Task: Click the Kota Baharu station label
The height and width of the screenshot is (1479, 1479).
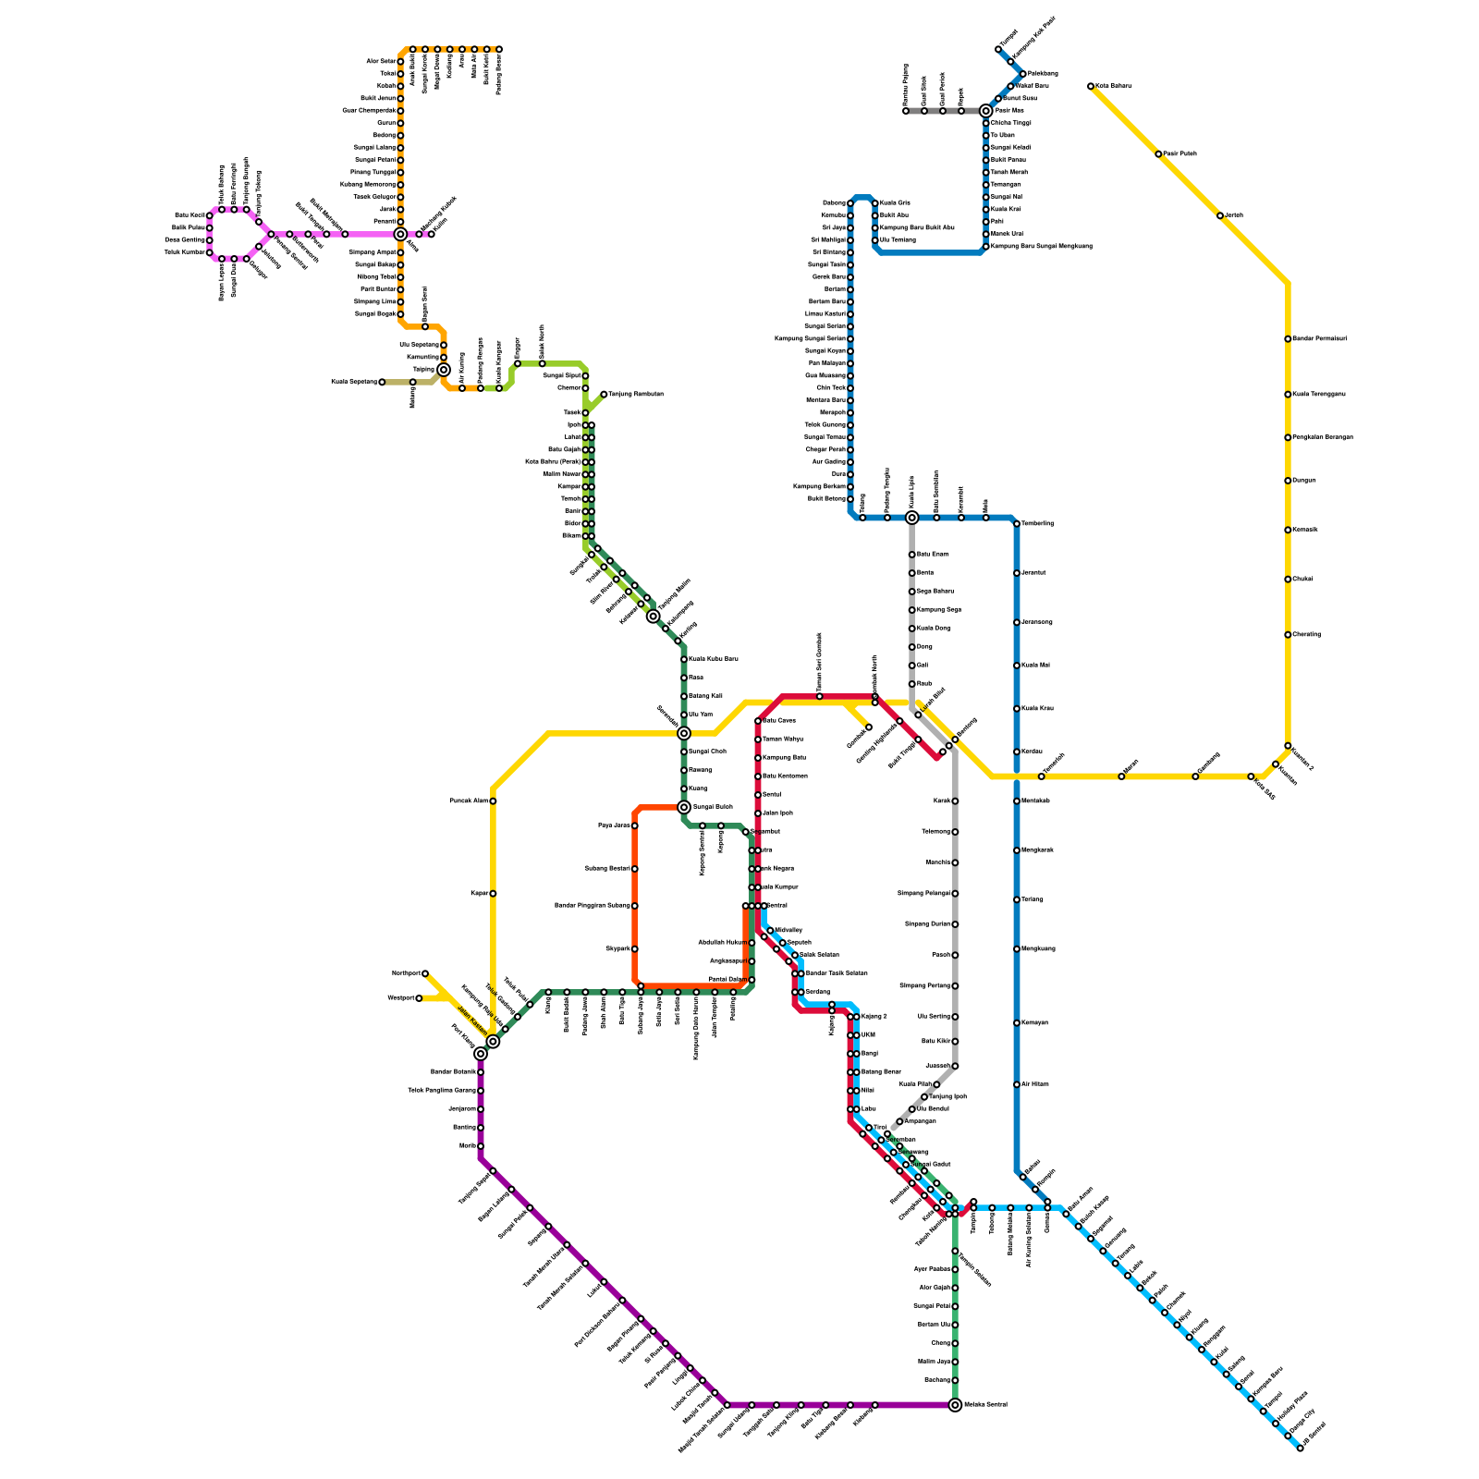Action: point(1113,86)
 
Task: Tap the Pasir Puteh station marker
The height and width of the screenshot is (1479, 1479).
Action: point(1158,153)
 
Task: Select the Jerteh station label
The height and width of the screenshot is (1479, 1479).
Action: point(1234,215)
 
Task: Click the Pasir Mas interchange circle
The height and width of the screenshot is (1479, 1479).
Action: point(986,111)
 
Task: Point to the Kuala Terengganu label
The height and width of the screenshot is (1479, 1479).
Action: point(1318,395)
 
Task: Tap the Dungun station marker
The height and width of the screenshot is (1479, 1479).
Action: point(1288,481)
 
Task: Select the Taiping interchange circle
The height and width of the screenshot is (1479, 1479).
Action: point(444,370)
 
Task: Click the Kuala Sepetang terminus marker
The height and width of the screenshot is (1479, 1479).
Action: point(382,382)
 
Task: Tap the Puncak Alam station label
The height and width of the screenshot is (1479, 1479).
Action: point(468,801)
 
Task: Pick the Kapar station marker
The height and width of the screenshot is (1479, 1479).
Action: point(493,894)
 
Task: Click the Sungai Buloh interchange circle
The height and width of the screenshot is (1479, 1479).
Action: point(684,807)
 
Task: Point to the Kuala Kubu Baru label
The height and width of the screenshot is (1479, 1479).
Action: point(714,659)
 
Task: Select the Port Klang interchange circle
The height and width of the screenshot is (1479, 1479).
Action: point(481,1054)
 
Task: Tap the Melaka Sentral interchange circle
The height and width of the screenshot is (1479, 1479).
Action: point(955,1405)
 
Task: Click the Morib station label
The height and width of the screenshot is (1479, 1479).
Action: point(467,1146)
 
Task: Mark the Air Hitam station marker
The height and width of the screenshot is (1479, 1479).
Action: point(1017,1084)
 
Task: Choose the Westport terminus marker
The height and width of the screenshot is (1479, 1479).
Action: point(419,998)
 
